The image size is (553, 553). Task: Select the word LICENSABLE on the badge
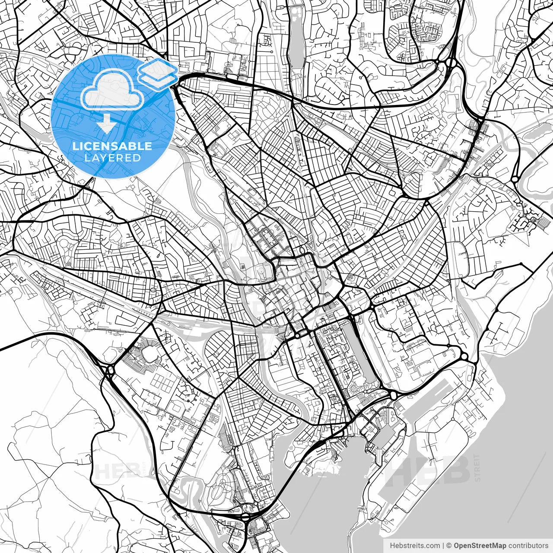[112, 146]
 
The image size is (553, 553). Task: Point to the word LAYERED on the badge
[112, 158]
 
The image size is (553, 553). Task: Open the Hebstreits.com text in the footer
[415, 546]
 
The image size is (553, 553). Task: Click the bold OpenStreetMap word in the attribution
[480, 546]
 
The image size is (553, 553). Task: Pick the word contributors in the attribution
[528, 546]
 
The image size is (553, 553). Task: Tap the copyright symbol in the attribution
[449, 546]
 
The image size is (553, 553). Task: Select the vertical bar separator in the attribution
[443, 546]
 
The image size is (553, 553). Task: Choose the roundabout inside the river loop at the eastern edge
[515, 179]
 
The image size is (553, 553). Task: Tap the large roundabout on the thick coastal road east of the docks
[464, 356]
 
